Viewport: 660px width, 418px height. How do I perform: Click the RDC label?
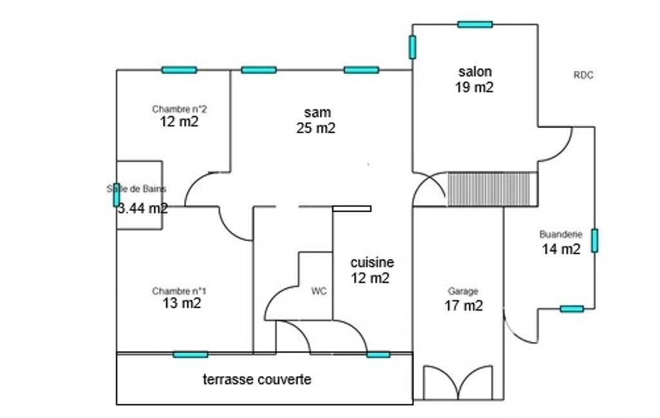[x=583, y=75]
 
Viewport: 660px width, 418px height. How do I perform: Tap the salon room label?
[x=475, y=71]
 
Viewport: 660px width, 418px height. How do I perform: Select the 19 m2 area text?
[x=474, y=87]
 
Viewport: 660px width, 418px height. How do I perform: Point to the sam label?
[x=317, y=113]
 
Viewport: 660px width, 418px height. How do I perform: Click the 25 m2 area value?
[x=316, y=128]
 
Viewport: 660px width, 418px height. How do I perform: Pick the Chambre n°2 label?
[x=179, y=109]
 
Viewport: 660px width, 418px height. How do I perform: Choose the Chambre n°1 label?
[x=179, y=291]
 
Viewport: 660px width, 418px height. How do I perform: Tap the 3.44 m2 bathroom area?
[x=143, y=208]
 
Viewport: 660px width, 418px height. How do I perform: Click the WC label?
[x=319, y=291]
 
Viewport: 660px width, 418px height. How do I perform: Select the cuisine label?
[x=372, y=262]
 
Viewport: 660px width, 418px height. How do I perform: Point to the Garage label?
[x=463, y=291]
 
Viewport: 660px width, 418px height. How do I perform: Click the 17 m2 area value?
[x=464, y=305]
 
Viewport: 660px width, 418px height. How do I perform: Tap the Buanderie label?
[x=561, y=234]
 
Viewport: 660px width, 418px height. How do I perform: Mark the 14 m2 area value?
[x=561, y=249]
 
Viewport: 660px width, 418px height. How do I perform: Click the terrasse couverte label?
[x=257, y=379]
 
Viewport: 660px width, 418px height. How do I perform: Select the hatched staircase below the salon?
[x=492, y=189]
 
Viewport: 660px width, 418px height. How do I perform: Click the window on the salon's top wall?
[x=475, y=24]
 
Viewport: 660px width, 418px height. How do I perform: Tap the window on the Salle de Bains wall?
[x=116, y=195]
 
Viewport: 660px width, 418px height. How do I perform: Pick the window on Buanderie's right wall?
[x=594, y=241]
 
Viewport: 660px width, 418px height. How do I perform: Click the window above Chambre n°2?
[x=179, y=70]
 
